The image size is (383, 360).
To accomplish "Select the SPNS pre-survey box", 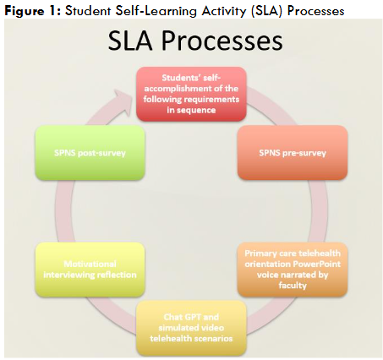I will pos(292,152).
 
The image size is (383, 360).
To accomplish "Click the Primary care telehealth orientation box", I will pos(292,268).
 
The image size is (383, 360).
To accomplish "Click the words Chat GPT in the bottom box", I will pos(174,316).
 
